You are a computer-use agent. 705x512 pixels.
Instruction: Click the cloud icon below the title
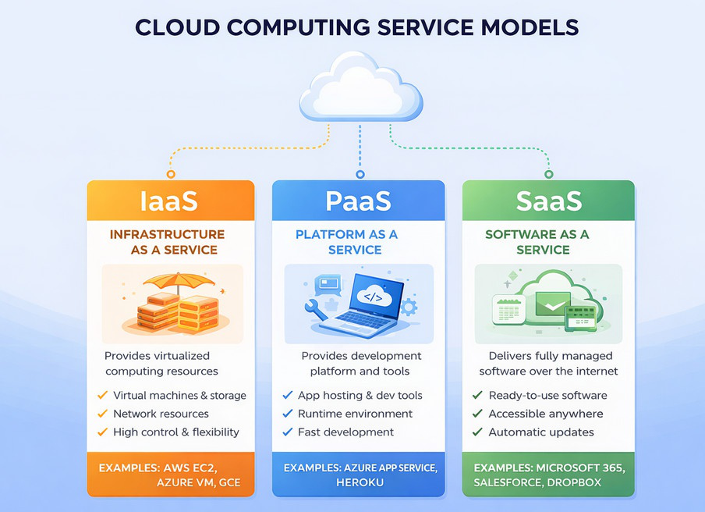360,90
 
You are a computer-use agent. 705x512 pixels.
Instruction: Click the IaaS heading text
169,201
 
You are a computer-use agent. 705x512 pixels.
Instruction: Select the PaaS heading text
359,201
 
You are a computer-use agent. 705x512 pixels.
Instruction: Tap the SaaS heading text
549,201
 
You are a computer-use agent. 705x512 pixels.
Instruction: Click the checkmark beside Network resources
101,414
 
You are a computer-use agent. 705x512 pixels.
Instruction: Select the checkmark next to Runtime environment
288,414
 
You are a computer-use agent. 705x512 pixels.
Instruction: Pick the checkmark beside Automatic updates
478,432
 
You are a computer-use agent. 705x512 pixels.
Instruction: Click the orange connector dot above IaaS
171,174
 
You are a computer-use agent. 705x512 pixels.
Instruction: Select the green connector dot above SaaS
549,174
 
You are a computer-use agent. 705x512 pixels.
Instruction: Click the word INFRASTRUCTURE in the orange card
167,234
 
